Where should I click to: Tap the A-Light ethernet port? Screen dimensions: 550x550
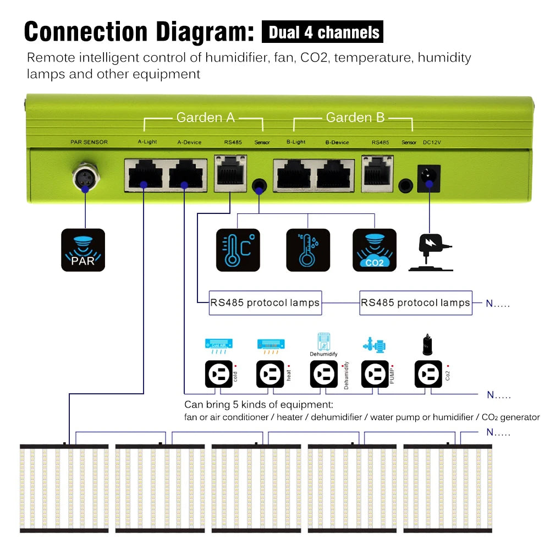(143, 174)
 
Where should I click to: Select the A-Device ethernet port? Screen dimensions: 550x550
(188, 174)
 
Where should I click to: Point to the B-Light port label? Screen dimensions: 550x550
(296, 142)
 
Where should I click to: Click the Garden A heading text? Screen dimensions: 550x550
(205, 117)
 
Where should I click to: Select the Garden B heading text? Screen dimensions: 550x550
(355, 117)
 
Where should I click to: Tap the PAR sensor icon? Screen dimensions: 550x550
(83, 250)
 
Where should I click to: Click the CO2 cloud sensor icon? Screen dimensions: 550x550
(374, 250)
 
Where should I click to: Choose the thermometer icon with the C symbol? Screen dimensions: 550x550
(238, 250)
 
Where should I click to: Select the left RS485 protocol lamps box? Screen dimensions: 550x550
(265, 303)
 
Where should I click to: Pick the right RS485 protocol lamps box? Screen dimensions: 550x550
(416, 303)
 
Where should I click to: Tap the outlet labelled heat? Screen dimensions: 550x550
(270, 375)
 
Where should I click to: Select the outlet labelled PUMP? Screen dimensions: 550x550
(376, 375)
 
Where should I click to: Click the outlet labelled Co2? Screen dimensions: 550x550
(428, 375)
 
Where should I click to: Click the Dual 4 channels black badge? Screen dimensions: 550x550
(322, 32)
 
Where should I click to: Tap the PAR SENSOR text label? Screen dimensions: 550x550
(89, 142)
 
